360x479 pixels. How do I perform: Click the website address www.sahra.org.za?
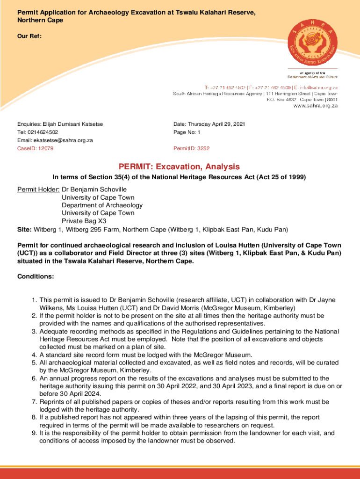click(315, 106)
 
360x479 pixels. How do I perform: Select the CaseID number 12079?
click(45, 148)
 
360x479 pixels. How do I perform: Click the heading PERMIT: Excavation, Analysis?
click(179, 167)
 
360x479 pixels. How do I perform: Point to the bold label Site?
click(24, 229)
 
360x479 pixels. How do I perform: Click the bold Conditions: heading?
click(36, 276)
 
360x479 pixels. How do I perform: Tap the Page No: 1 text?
click(187, 132)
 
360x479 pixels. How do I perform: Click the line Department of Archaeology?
click(102, 205)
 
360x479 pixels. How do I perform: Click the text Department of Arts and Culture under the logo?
click(312, 76)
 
